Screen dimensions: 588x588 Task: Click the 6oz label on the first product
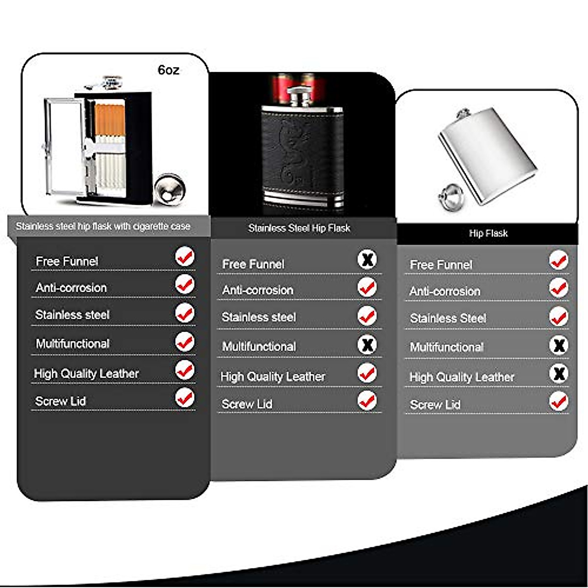168,70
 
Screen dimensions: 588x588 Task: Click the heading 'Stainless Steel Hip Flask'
299,228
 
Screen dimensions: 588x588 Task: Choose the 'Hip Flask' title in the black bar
488,233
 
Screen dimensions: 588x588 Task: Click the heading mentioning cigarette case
103,226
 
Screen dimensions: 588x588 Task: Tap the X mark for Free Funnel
367,259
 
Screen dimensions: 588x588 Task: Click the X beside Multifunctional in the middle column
367,344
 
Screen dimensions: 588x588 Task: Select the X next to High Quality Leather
558,374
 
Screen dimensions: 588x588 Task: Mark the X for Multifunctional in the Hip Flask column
558,345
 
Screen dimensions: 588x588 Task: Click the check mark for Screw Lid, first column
185,398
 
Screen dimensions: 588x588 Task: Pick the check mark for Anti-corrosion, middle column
367,287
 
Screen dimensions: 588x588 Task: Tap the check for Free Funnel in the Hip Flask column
558,260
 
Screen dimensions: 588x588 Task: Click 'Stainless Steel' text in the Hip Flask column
448,318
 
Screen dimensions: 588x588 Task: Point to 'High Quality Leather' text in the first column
86,374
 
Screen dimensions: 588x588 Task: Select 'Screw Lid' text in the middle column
247,404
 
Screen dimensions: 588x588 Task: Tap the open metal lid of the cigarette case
64,147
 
